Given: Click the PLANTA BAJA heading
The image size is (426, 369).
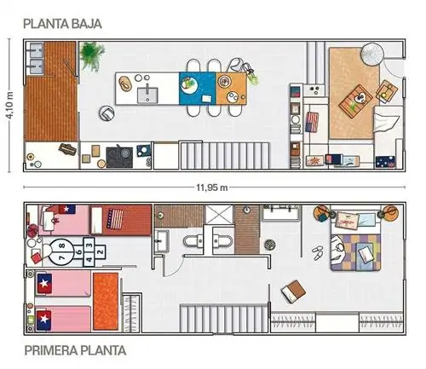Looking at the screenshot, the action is coord(62,24).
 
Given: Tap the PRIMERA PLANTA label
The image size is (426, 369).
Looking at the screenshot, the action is coord(75,350).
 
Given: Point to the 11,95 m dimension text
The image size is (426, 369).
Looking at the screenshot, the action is coord(212,187).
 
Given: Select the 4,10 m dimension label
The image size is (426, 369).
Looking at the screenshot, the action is coord(9,106).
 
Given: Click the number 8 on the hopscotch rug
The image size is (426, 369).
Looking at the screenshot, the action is coord(62,245).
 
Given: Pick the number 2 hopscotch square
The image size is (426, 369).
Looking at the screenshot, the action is coord(100,251).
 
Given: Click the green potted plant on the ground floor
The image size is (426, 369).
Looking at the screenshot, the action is coord(91,55).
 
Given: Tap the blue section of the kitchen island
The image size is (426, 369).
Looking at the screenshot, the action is coord(197,89).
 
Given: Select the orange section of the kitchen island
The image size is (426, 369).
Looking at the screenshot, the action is coord(231,89).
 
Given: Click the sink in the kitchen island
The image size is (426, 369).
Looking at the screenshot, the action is coord(147,95).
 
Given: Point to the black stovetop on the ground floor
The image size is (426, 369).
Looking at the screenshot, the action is coord(119,157).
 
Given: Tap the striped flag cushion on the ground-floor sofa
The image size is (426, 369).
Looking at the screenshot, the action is coord(312,122).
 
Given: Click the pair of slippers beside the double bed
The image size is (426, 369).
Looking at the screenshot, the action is coord(318,252).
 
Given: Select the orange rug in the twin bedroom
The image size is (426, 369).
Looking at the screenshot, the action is coord(106,302).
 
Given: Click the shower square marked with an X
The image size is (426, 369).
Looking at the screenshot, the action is coord(219,213).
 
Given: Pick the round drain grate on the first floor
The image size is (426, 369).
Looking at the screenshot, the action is coord(270,245).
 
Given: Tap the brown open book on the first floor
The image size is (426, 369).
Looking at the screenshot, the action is coord(294,291).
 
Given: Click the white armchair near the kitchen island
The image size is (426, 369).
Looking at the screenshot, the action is coord(106,113).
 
